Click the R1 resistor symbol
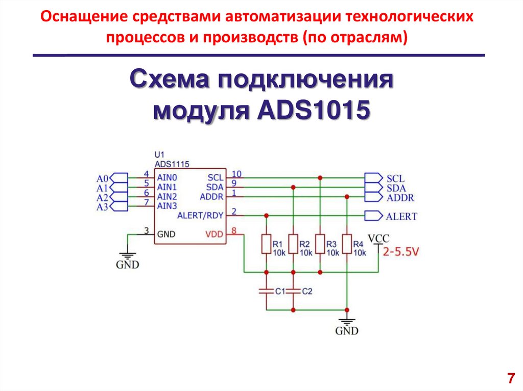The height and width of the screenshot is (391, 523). (266, 244)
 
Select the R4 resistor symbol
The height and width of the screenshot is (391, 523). (347, 244)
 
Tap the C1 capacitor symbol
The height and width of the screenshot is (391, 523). (266, 291)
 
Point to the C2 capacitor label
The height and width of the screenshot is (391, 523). (307, 292)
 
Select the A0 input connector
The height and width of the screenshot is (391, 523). (118, 178)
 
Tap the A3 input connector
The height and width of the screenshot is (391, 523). (118, 206)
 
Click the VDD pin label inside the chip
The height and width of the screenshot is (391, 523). (213, 234)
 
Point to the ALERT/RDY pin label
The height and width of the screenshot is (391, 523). (200, 216)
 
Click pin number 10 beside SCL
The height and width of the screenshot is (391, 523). (236, 174)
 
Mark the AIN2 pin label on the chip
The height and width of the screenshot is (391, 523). (167, 197)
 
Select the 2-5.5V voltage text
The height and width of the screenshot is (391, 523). (401, 251)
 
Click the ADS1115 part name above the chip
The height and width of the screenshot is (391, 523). (172, 164)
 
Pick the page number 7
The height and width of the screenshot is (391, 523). (510, 378)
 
